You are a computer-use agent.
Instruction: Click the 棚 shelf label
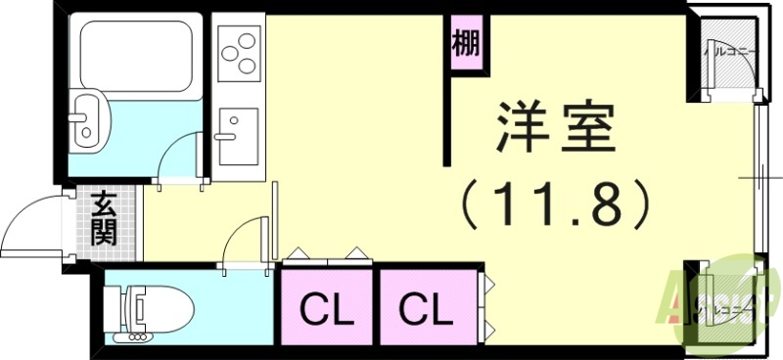[x=466, y=43]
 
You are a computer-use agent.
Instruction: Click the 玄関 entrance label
[x=104, y=220]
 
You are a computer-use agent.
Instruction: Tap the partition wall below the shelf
[x=449, y=117]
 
